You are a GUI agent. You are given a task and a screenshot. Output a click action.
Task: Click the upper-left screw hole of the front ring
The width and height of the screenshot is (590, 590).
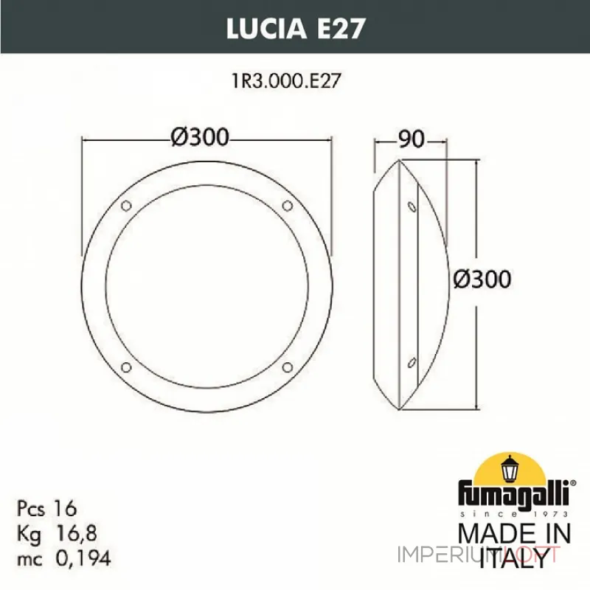[126, 204]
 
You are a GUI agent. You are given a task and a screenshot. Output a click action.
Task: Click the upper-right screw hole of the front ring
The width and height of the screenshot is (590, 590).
[288, 204]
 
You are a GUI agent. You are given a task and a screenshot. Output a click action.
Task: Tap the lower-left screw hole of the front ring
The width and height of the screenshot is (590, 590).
[126, 367]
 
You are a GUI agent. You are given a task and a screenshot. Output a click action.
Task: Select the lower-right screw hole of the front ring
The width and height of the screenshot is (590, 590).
[288, 367]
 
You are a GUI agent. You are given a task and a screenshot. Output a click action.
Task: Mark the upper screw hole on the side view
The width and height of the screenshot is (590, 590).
[411, 206]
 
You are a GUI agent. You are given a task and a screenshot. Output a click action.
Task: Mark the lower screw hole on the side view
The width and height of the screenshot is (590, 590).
[411, 361]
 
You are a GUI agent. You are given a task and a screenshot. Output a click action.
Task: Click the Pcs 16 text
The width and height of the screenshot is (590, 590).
[46, 509]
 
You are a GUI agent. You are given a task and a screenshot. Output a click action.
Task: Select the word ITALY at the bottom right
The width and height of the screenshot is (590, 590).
[514, 560]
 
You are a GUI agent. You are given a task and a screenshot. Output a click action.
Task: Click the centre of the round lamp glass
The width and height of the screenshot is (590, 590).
[207, 285]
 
